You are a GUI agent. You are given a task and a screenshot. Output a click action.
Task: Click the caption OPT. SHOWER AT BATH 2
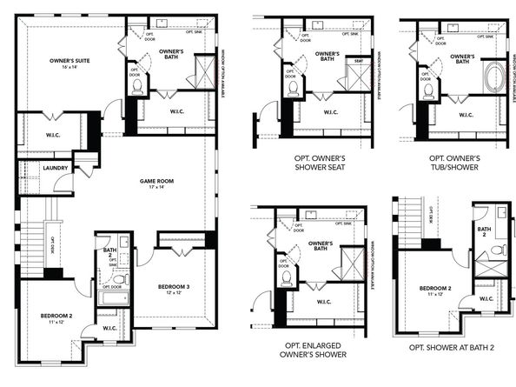tap(451, 346)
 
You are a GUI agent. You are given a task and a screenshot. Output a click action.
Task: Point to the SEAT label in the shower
tap(357, 60)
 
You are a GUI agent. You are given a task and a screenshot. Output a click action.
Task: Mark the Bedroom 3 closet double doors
tap(181, 251)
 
